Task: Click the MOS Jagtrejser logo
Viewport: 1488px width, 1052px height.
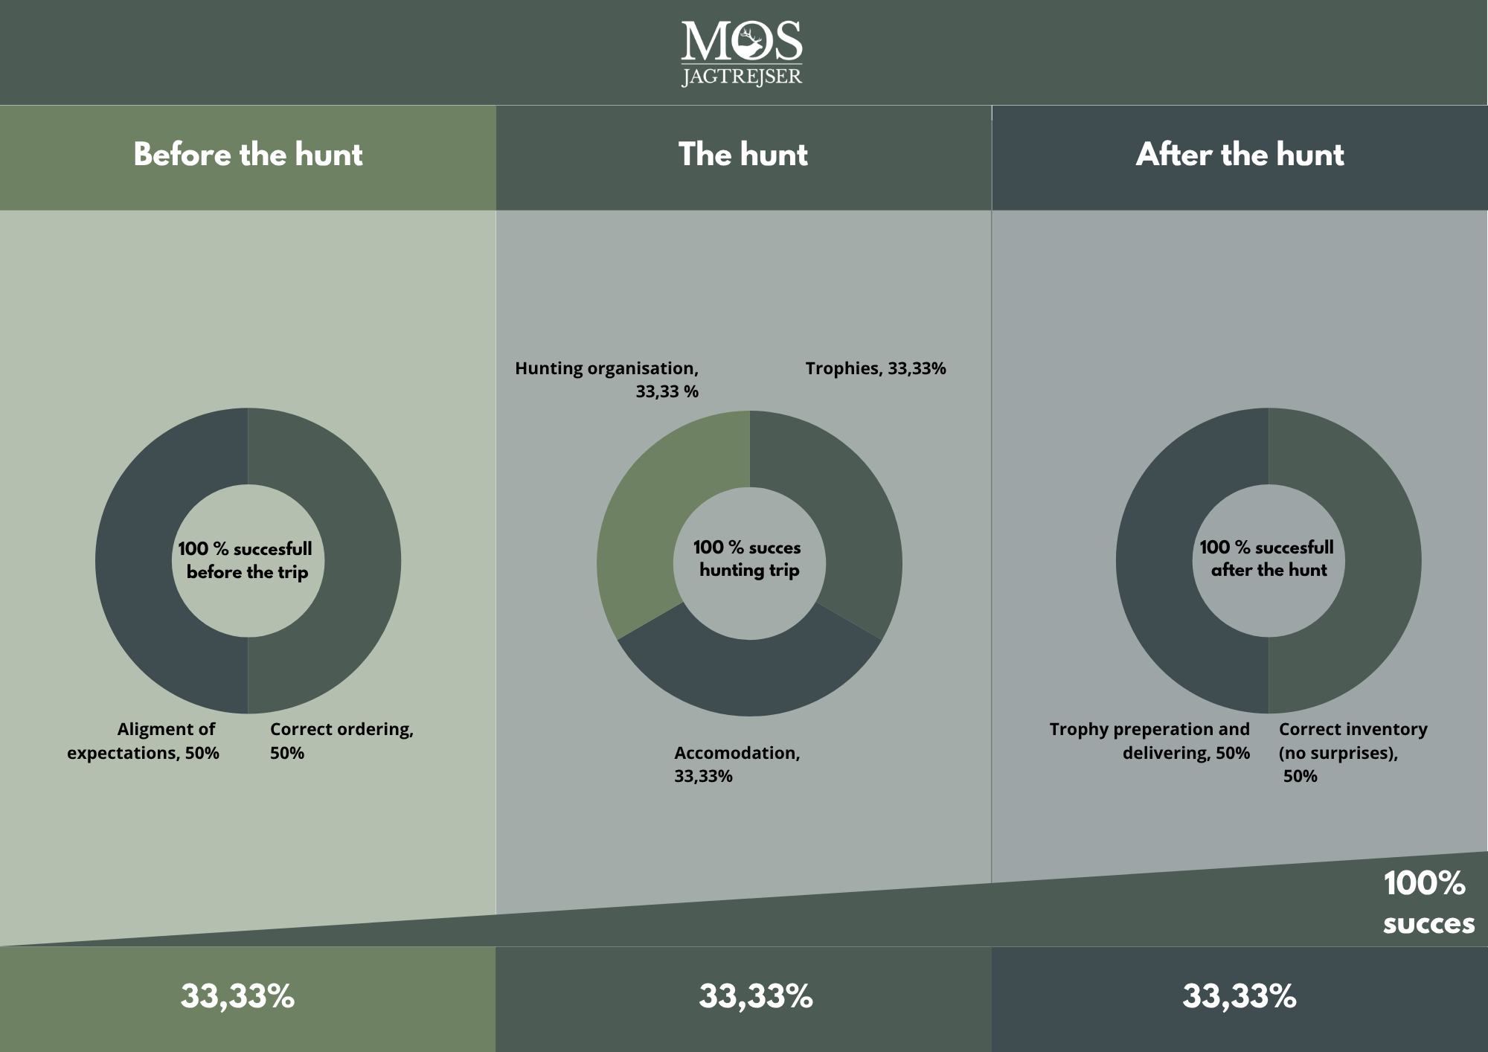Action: coord(742,52)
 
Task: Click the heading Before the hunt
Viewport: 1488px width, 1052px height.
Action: coord(248,155)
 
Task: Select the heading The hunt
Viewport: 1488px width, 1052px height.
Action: coord(743,155)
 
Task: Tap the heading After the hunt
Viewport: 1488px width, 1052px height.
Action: coord(1240,155)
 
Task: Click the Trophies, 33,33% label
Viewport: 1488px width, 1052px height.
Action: coord(875,368)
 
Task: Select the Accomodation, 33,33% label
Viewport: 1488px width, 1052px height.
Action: coord(737,764)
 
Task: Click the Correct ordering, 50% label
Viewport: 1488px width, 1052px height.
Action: coord(341,740)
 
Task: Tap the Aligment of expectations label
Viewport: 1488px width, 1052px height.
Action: coord(144,740)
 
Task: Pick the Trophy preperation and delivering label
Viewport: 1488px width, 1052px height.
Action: coord(1149,740)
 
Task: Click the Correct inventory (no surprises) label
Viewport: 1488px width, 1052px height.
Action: coord(1353,752)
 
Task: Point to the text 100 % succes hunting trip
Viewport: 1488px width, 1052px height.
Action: coord(748,559)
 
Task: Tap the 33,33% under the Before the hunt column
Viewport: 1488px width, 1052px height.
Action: coord(237,996)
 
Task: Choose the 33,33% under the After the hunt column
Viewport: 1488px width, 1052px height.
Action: coord(1239,996)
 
